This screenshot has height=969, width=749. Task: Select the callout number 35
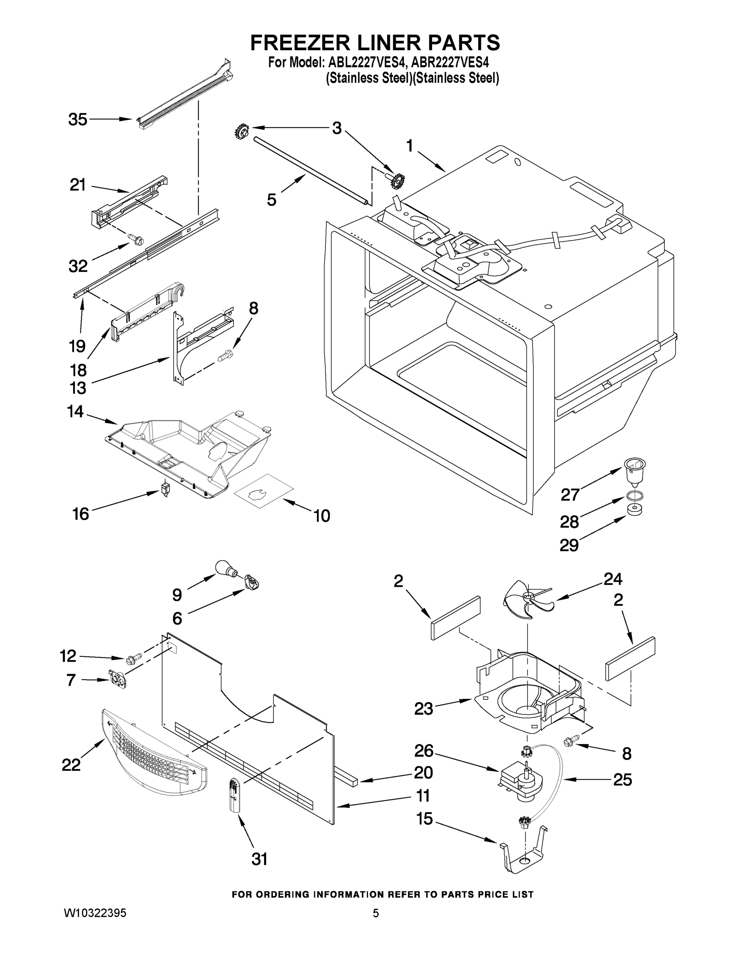[x=78, y=120]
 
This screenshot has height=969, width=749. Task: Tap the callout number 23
[x=423, y=709]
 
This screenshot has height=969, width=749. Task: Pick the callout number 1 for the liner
[x=409, y=146]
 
